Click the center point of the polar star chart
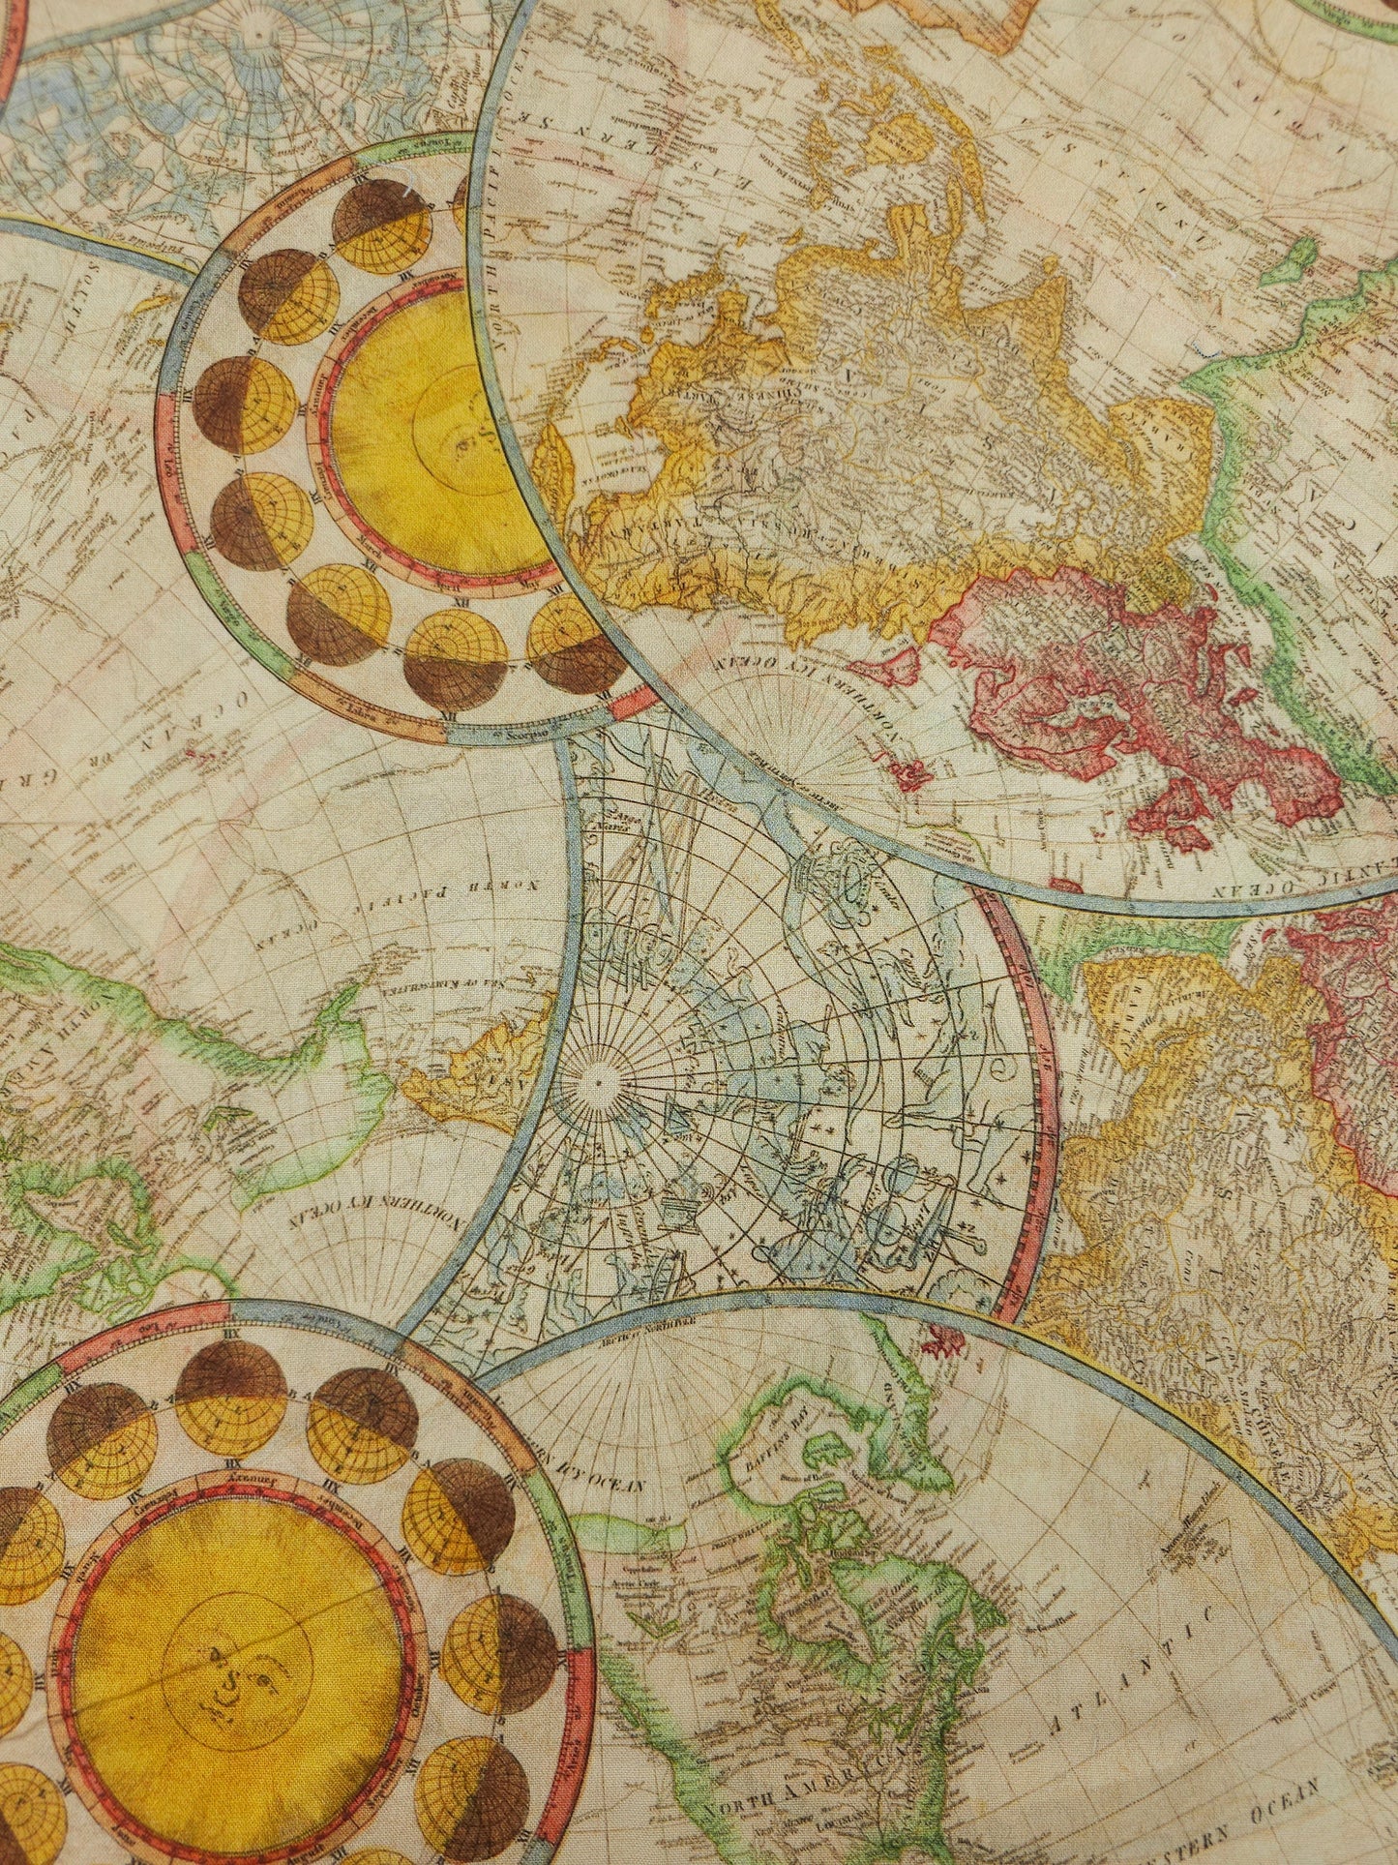point(597,1076)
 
